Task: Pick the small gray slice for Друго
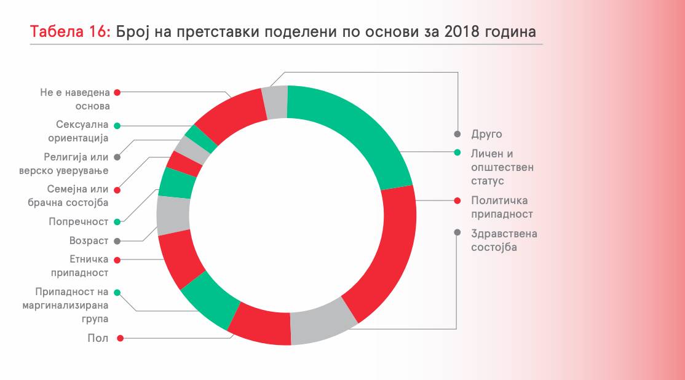[275, 101]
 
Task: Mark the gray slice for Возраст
[173, 215]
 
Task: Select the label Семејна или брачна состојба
[77, 196]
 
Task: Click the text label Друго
[487, 134]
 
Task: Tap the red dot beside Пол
[121, 338]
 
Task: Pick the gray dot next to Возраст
[117, 241]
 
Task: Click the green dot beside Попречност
[117, 221]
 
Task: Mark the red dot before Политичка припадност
[457, 200]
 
